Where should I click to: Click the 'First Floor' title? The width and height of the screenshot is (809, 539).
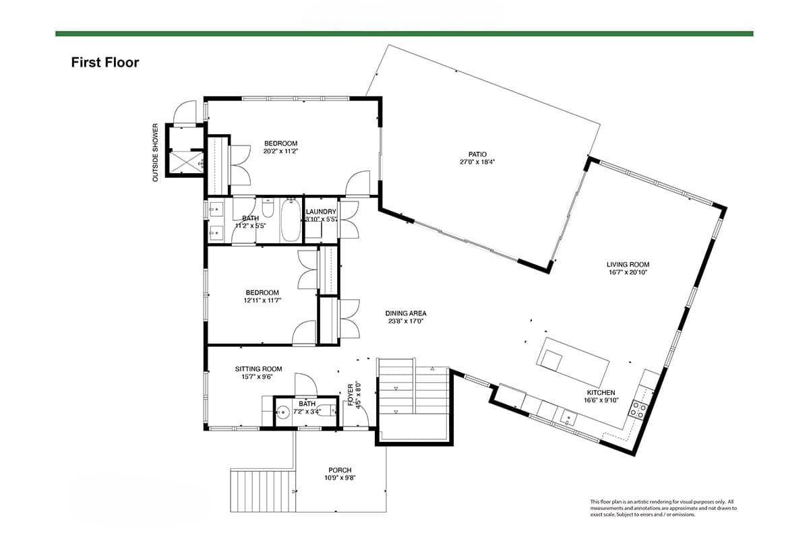tap(105, 63)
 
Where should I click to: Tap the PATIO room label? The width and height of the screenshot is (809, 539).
tap(478, 154)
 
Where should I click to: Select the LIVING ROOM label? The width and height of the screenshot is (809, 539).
tap(628, 265)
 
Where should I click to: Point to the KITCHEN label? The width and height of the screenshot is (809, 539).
tap(600, 393)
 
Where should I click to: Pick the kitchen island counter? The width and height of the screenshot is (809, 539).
tap(573, 360)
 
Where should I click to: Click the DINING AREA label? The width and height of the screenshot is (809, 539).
tap(406, 313)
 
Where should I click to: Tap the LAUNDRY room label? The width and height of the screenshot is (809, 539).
tap(320, 212)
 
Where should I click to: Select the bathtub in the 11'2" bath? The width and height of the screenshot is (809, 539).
tap(291, 219)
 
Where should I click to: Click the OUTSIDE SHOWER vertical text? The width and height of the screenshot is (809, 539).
tap(155, 152)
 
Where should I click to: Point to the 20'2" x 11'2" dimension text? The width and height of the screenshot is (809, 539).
tap(280, 152)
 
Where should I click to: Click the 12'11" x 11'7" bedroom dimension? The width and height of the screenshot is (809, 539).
tap(262, 300)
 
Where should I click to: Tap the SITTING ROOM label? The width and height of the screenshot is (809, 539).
tap(258, 369)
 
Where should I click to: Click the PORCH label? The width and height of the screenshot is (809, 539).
tap(340, 470)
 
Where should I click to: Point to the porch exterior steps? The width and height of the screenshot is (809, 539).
tap(262, 491)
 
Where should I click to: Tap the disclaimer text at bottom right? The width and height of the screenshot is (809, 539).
tap(663, 508)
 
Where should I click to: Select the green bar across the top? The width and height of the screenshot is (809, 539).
tap(404, 33)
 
